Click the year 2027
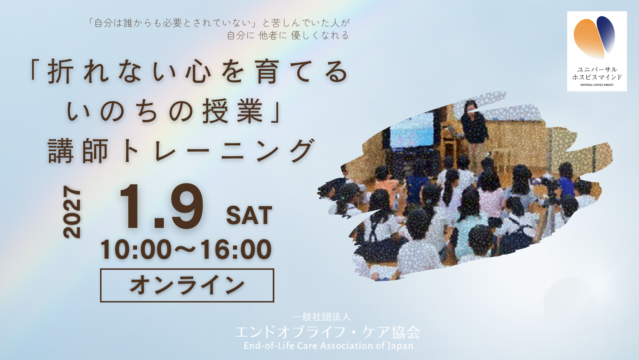pos(72,212)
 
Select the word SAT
pos(249,216)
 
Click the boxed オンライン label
pos(187,285)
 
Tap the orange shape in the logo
pos(589,39)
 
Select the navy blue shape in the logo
pos(606,34)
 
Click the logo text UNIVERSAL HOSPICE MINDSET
pos(597,85)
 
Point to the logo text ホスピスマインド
pos(597,77)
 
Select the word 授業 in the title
pos(233,111)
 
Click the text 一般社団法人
pos(321,317)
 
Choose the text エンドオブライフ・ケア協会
pos(327,332)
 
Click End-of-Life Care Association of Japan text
pos(328,346)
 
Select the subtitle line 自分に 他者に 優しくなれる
pos(288,35)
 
